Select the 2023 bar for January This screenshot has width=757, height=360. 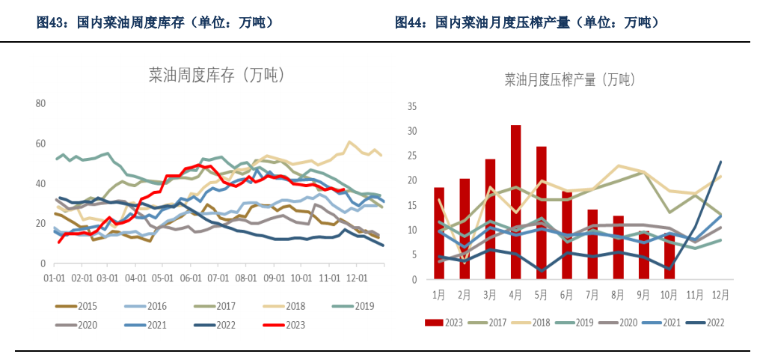(439, 234)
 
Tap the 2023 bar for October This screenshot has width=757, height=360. (669, 256)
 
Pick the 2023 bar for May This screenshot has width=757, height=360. (542, 213)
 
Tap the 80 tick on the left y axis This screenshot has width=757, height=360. (41, 103)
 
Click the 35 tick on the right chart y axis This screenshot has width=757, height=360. (411, 106)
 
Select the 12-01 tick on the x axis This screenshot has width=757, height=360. (356, 278)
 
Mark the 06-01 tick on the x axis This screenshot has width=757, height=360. (191, 278)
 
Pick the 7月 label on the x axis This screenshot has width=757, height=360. (592, 294)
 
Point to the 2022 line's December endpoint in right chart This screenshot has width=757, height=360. (720, 162)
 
